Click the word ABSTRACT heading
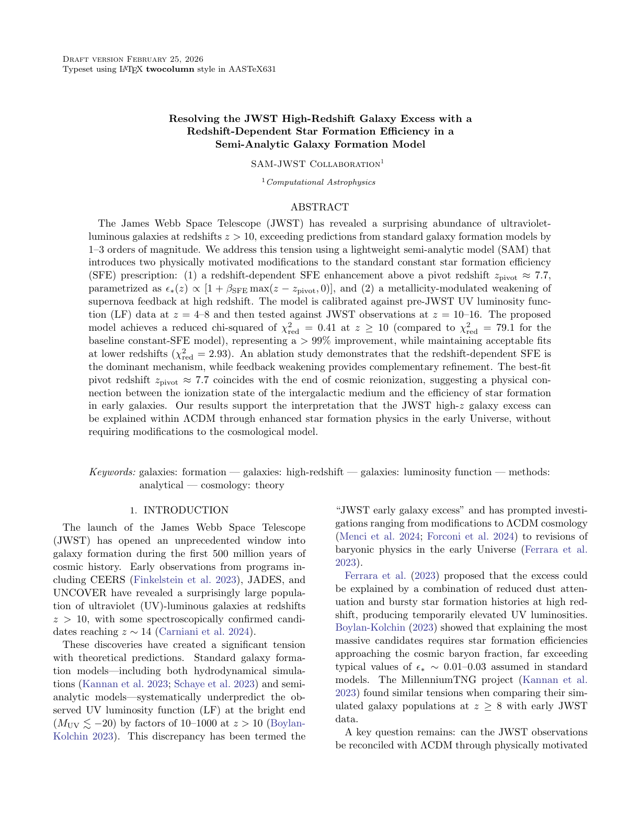(319, 207)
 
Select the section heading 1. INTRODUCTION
(179, 510)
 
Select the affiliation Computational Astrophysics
(321, 182)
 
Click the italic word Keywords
(112, 472)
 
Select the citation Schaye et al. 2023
(214, 684)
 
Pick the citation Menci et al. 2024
(379, 536)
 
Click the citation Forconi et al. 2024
(471, 536)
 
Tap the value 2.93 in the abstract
(211, 354)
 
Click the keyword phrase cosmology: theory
(243, 485)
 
